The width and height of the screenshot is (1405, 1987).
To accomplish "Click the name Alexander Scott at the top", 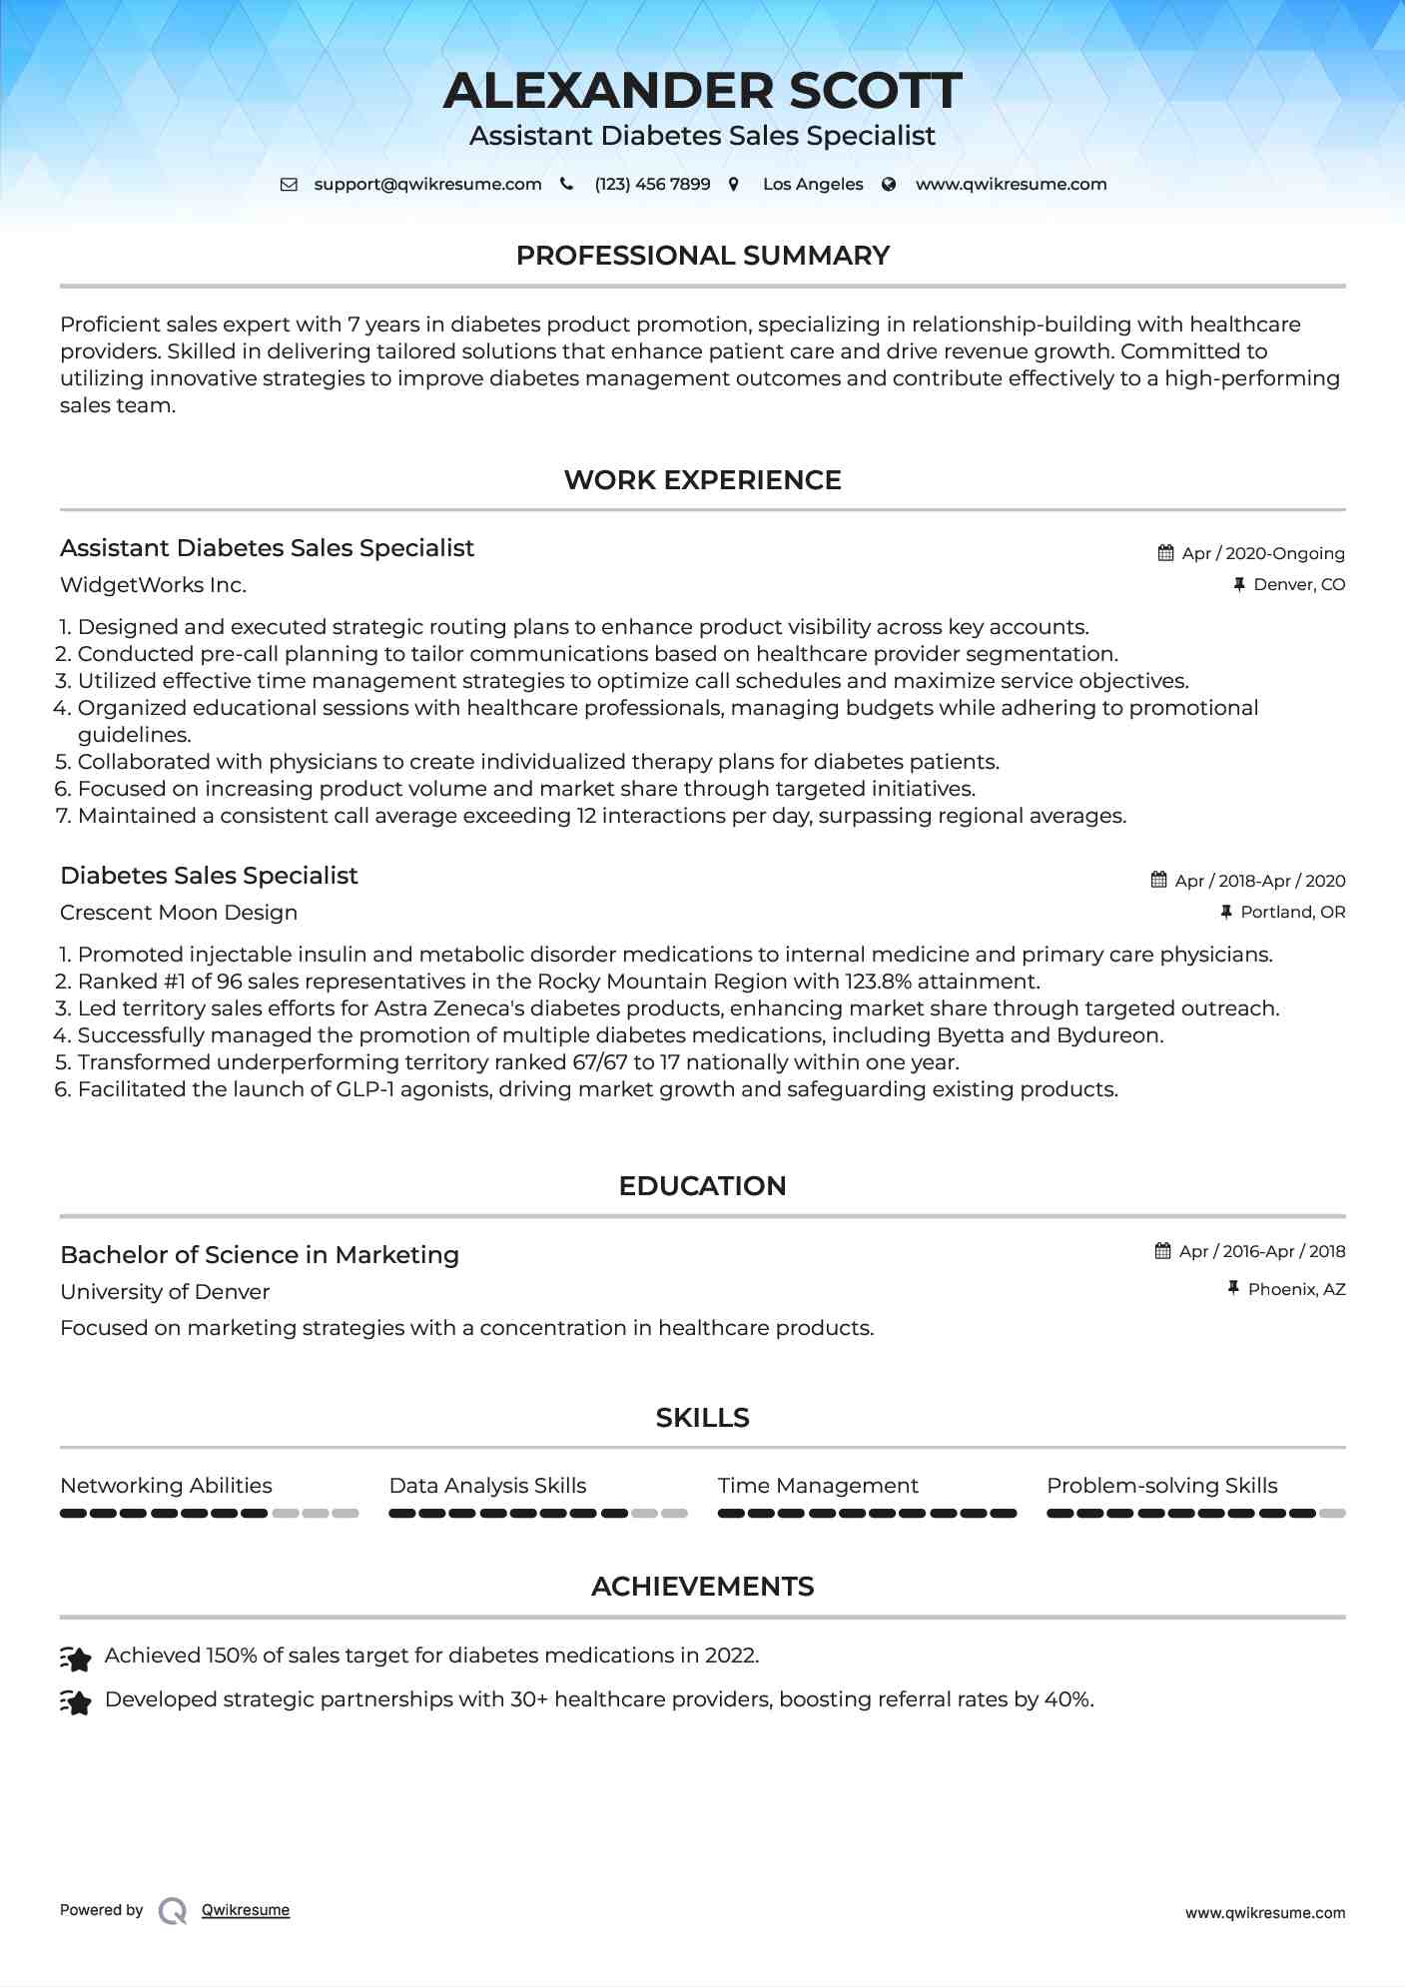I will click(702, 91).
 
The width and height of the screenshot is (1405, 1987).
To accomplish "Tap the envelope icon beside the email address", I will click(289, 185).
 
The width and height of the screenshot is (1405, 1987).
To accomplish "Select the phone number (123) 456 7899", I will click(652, 185).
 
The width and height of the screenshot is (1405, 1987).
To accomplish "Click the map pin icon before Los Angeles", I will click(734, 185).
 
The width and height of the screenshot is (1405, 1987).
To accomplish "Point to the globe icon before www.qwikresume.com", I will click(889, 185).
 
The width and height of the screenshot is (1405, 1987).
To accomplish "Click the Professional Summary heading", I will click(702, 256).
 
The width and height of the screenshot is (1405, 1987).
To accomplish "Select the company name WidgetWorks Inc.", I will click(153, 585).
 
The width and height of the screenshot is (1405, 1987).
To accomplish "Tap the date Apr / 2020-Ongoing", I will click(1262, 553).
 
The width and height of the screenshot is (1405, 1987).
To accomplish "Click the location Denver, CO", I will click(1298, 584).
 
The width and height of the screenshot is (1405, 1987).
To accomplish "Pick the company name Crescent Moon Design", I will click(179, 913).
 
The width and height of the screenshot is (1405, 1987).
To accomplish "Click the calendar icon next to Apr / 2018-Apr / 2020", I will click(1158, 880).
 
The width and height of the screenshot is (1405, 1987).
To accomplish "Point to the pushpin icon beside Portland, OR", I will click(1226, 912).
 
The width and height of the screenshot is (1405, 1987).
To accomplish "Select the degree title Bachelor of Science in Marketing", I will click(260, 1255).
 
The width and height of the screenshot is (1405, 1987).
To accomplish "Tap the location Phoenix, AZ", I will click(1296, 1289).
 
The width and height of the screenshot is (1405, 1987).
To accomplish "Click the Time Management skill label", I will click(818, 1486).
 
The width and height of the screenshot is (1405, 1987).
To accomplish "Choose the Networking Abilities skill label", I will click(166, 1486).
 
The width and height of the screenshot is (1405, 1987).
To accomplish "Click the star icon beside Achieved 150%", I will click(76, 1657).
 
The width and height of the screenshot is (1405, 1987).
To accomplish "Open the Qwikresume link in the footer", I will click(246, 1910).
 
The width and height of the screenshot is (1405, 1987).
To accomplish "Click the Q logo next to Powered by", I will click(173, 1910).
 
